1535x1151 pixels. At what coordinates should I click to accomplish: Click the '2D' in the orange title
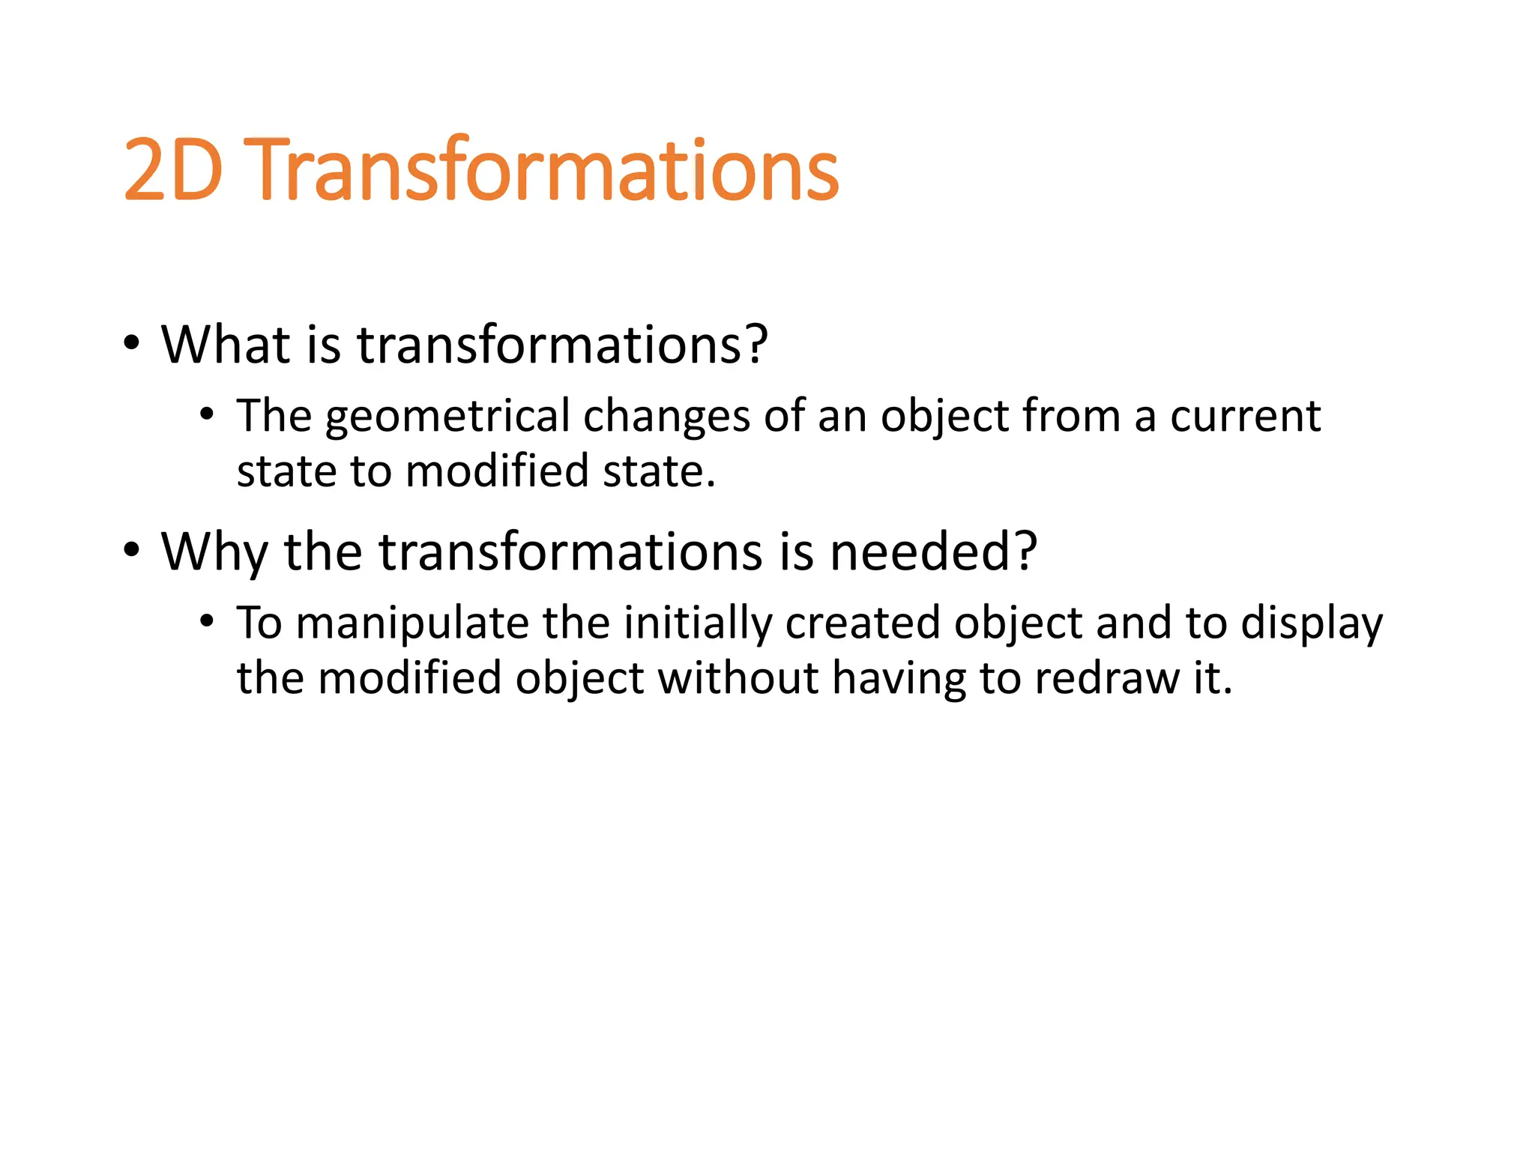(x=173, y=171)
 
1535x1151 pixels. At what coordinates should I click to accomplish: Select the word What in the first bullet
(x=226, y=345)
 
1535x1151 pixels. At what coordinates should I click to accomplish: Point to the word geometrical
(x=447, y=417)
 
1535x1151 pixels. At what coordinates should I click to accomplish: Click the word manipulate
(x=411, y=623)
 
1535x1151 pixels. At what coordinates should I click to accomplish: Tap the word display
(x=1311, y=623)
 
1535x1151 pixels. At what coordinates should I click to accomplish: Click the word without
(x=738, y=678)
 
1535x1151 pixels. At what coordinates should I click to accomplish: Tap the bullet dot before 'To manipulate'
(x=208, y=621)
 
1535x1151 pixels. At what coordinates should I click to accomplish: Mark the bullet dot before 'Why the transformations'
(x=132, y=551)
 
